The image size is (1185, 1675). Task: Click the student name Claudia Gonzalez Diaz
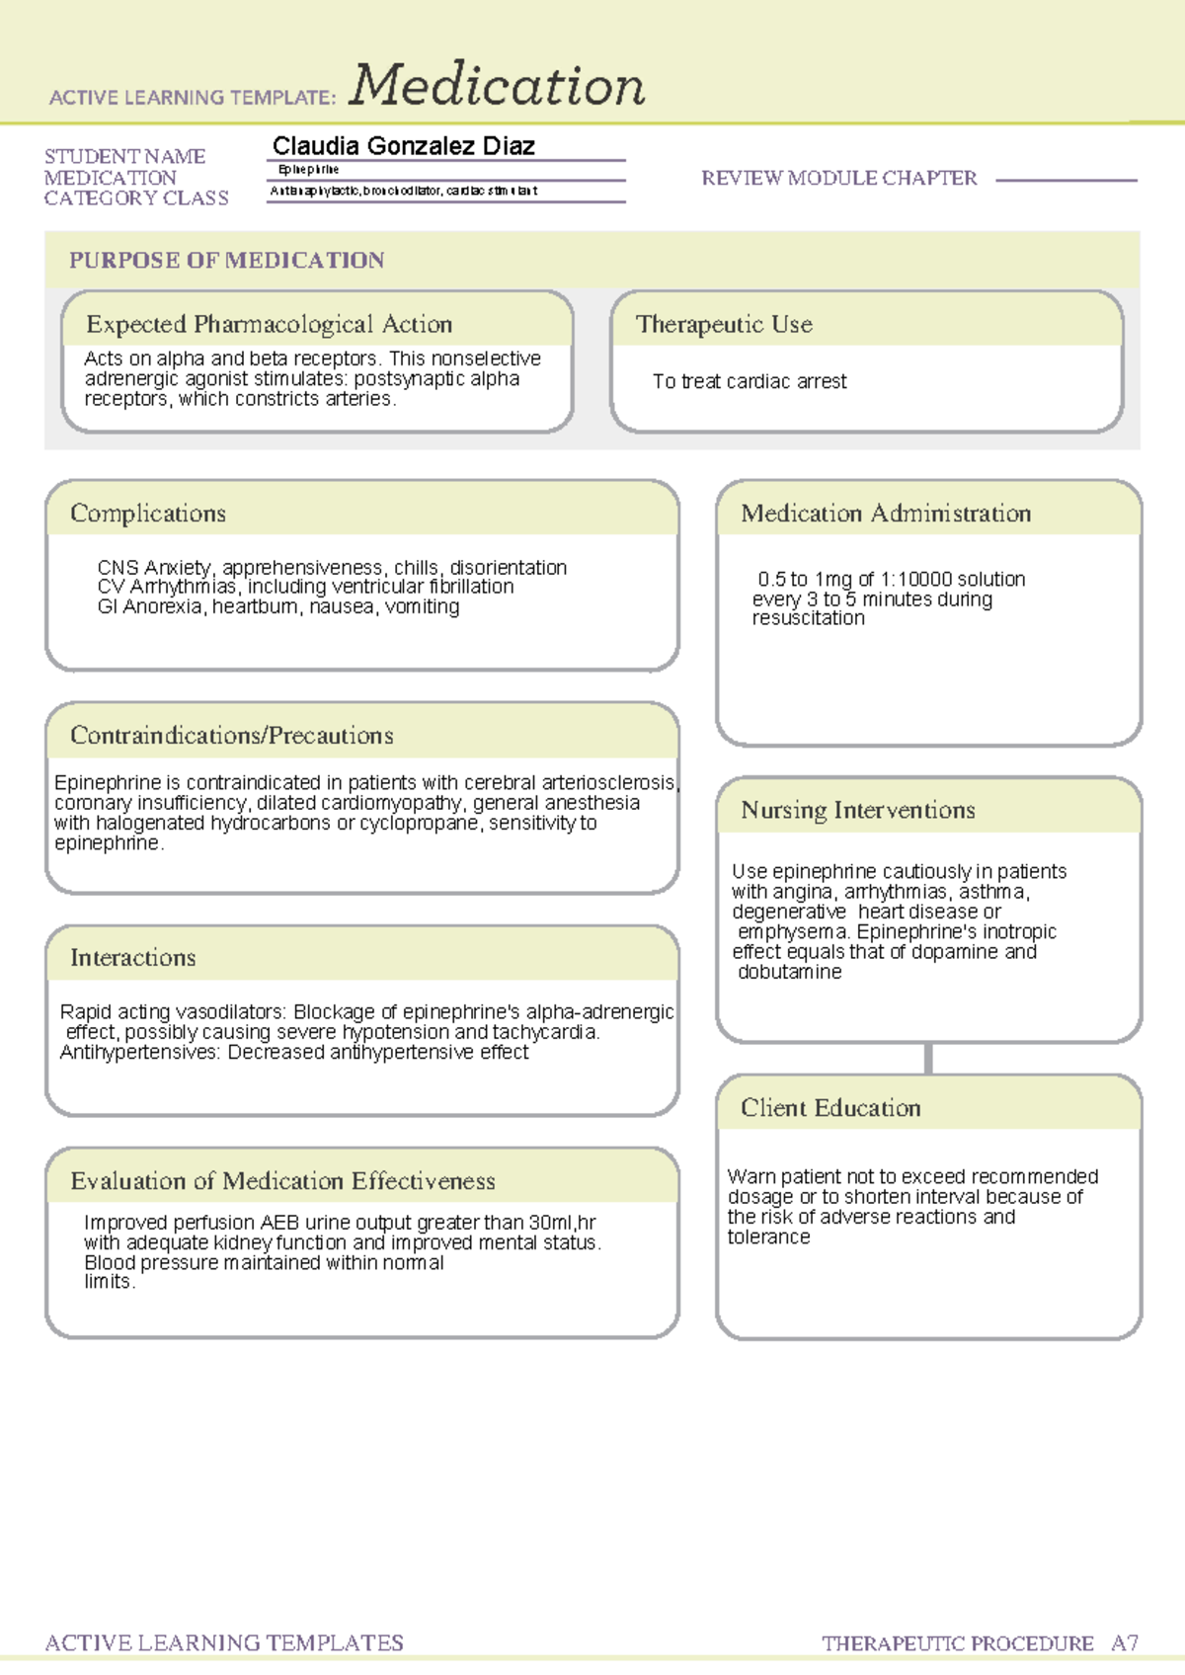[x=403, y=146]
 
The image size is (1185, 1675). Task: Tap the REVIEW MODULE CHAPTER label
[x=838, y=178]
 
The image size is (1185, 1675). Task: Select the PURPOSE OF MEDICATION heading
[x=226, y=261]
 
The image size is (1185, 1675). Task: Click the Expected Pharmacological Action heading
[x=269, y=324]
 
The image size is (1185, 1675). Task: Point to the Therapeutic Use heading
[x=724, y=324]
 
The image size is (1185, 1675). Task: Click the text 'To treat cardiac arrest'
[x=750, y=381]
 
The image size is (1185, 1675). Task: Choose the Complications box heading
[x=147, y=514]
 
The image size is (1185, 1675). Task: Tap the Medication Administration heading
[x=885, y=514]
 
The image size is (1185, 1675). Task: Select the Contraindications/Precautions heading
[x=231, y=736]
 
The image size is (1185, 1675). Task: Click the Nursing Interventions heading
[x=857, y=810]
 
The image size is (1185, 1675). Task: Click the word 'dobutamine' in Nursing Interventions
[x=790, y=972]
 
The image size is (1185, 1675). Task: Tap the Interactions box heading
[x=132, y=958]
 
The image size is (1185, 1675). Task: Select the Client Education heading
[x=829, y=1108]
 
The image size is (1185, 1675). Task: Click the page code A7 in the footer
[x=1124, y=1643]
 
